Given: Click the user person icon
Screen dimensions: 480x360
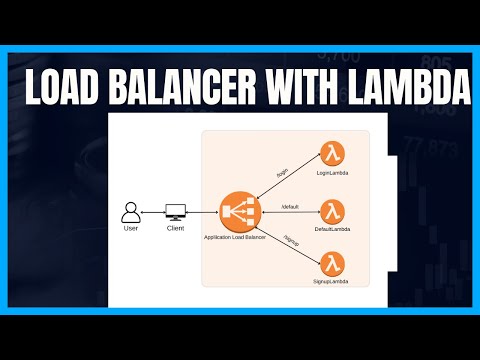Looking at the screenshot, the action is (x=129, y=212).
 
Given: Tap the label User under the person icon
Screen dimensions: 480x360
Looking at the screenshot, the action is (x=130, y=230).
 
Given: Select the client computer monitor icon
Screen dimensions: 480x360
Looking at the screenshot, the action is (x=175, y=212).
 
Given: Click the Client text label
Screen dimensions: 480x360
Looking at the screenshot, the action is (x=175, y=230).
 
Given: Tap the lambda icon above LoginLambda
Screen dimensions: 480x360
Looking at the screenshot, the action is (x=332, y=154).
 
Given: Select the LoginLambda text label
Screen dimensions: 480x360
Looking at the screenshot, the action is (x=332, y=175).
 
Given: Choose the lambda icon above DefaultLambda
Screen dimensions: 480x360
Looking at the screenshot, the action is (x=332, y=211).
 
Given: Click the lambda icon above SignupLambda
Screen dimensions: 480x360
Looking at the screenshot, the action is (x=332, y=266).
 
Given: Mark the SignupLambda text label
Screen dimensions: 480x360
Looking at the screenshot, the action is (x=332, y=287).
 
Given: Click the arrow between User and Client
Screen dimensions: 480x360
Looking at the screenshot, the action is (x=152, y=213).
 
